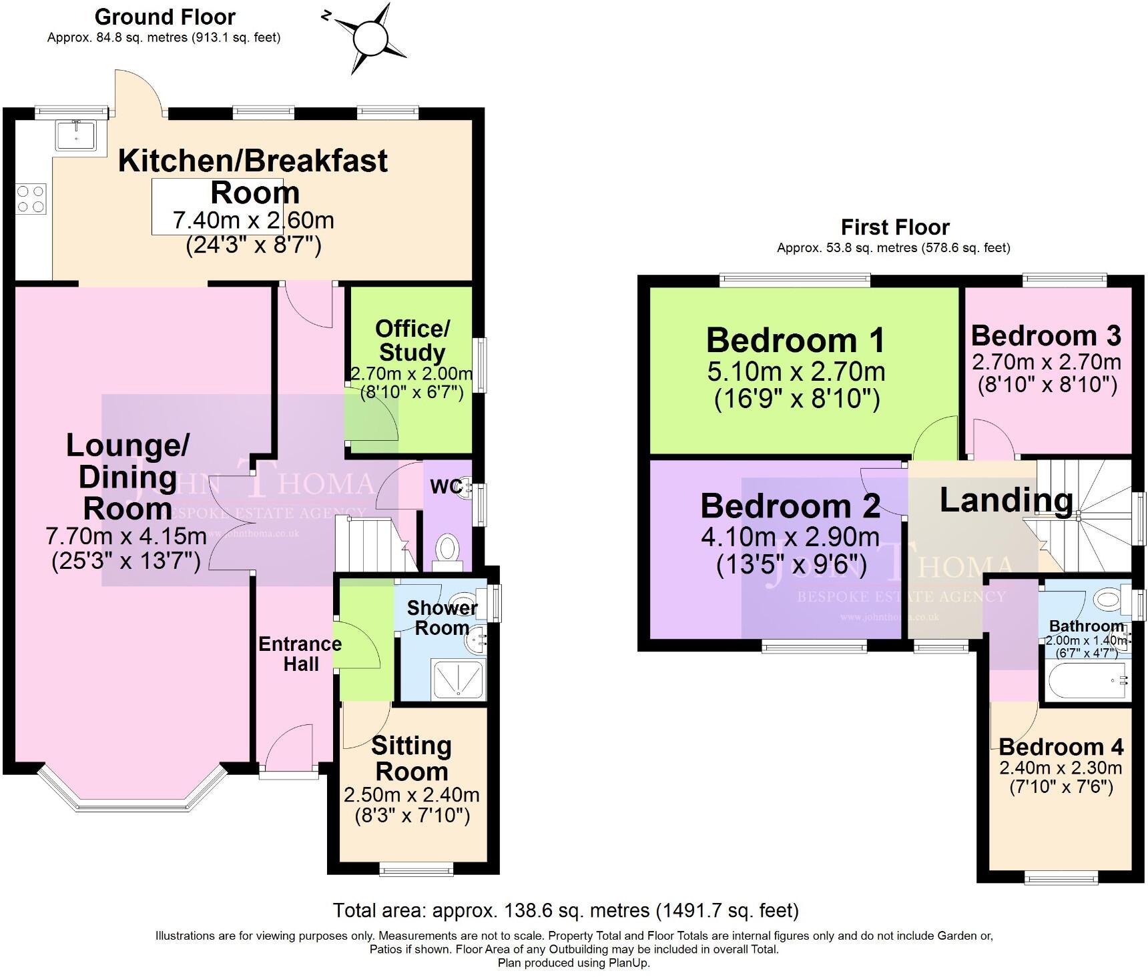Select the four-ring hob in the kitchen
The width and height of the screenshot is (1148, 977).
(x=31, y=199)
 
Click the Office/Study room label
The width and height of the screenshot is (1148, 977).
(x=412, y=340)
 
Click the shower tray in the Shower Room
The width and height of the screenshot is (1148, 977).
(x=457, y=679)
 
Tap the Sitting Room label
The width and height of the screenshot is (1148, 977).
(x=411, y=758)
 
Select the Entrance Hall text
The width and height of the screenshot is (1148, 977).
(x=300, y=654)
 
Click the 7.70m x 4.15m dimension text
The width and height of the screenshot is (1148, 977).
(x=126, y=536)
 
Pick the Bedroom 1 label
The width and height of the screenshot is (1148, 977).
(x=796, y=340)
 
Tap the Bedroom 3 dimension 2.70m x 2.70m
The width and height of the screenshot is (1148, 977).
(x=1046, y=362)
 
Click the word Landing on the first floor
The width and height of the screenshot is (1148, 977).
(x=1006, y=500)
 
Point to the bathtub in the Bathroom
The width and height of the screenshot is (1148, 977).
(x=1086, y=682)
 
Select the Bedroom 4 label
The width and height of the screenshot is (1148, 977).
(x=1061, y=746)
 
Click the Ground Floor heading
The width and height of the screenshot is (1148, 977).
(x=165, y=17)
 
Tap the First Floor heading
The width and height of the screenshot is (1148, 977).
(x=894, y=227)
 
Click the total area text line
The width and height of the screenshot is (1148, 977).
(x=565, y=910)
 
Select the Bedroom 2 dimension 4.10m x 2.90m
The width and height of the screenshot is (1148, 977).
(x=790, y=536)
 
